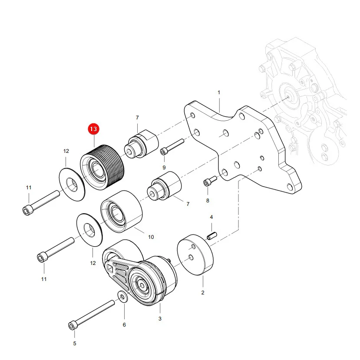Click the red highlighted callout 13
click(x=93, y=129)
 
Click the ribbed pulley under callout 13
click(x=102, y=167)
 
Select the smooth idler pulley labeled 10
click(x=121, y=211)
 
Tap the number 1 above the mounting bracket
click(x=219, y=92)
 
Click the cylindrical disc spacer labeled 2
click(x=195, y=254)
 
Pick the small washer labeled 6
click(x=122, y=297)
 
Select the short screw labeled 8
click(x=210, y=181)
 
